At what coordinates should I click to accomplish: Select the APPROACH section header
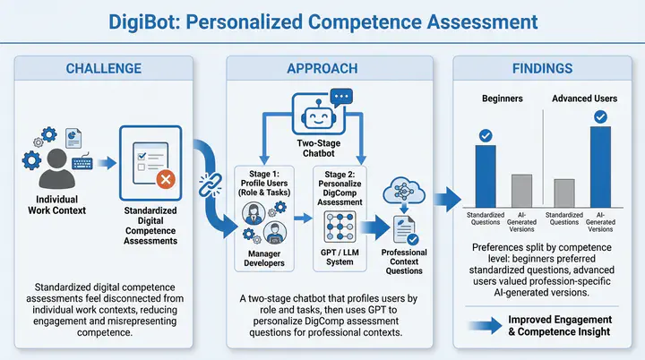pyautogui.click(x=322, y=68)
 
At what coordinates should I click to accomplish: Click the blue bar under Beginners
pyautogui.click(x=485, y=176)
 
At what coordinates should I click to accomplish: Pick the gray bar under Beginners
pyautogui.click(x=522, y=190)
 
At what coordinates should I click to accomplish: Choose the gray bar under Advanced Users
pyautogui.click(x=564, y=193)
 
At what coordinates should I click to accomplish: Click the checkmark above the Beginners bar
pyautogui.click(x=485, y=135)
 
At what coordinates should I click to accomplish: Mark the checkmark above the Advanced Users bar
pyautogui.click(x=601, y=116)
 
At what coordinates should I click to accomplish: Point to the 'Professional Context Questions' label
pyautogui.click(x=404, y=260)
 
